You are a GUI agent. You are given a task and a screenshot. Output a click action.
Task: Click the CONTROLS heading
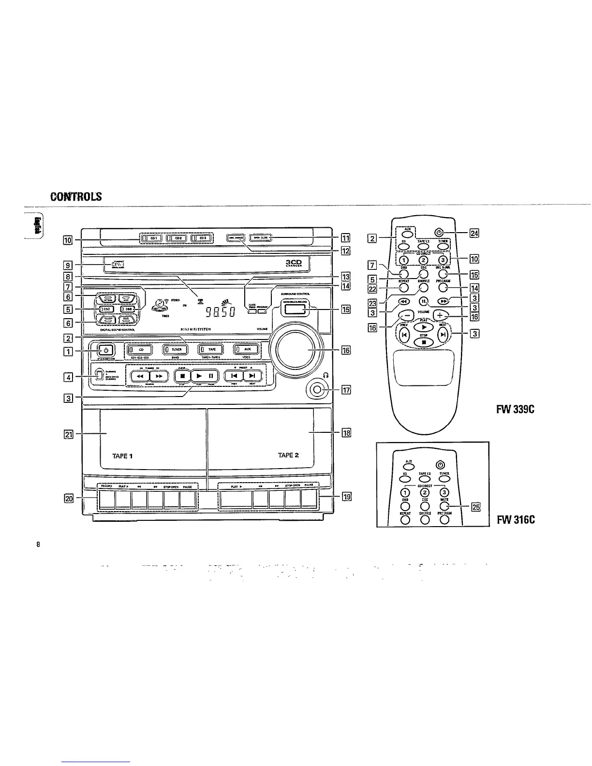(76, 196)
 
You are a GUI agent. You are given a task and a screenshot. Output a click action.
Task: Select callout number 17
(346, 390)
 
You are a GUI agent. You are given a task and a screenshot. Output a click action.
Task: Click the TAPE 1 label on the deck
(122, 455)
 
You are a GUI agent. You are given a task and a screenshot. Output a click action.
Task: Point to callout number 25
(476, 507)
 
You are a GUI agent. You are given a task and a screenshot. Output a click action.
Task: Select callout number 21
(69, 434)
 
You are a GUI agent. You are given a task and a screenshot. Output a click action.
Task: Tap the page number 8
(38, 544)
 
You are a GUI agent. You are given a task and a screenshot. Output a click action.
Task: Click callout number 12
(345, 250)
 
